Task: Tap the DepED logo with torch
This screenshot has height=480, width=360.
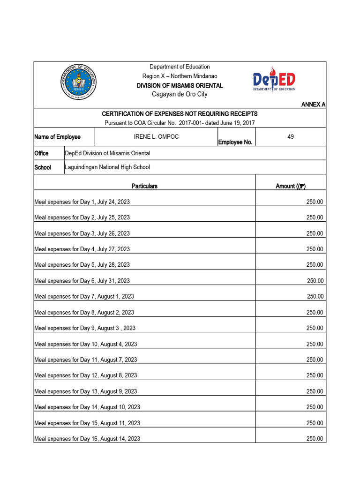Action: point(274,80)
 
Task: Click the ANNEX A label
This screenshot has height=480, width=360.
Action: point(313,104)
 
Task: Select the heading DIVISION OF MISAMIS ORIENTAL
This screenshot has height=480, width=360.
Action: point(180,86)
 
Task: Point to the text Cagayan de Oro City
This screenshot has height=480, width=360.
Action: point(180,94)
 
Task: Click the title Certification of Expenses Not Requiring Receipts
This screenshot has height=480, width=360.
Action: point(180,114)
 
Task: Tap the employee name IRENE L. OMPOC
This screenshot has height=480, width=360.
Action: point(156,136)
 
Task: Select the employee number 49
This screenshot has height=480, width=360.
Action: point(291,136)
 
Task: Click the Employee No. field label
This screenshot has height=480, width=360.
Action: point(235,142)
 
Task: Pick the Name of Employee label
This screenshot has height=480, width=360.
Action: point(57,137)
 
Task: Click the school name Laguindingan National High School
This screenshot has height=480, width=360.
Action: point(107,167)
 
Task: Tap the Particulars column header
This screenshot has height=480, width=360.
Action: point(144,186)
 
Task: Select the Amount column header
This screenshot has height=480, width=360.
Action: point(291,186)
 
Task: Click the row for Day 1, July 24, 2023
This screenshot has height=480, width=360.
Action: point(82,202)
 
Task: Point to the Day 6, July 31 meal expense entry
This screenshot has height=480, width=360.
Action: point(82,281)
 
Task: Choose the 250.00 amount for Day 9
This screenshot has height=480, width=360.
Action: point(315,328)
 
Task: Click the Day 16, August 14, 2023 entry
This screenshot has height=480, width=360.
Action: point(87,439)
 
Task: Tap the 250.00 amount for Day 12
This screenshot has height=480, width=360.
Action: point(315,375)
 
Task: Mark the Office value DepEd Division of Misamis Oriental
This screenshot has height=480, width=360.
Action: point(107,153)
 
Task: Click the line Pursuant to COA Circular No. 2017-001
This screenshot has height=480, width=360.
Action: point(180,122)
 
